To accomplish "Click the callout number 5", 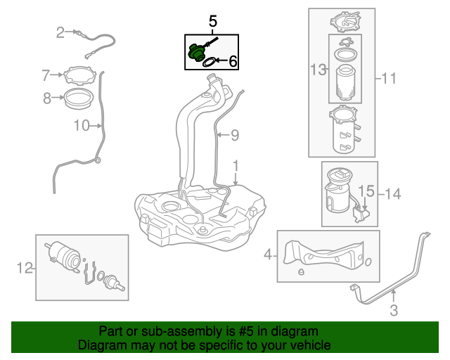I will pyautogui.click(x=212, y=22).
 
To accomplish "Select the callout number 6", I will pyautogui.click(x=233, y=63).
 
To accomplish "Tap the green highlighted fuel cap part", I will pyautogui.click(x=197, y=53).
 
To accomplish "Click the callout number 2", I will pyautogui.click(x=60, y=32).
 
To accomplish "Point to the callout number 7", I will pyautogui.click(x=46, y=75).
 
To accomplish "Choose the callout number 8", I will pyautogui.click(x=47, y=98).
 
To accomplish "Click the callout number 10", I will pyautogui.click(x=81, y=126).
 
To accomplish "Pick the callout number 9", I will pyautogui.click(x=236, y=134).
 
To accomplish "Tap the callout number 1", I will pyautogui.click(x=236, y=167).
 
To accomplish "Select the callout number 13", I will pyautogui.click(x=319, y=70).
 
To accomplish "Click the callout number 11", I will pyautogui.click(x=389, y=79).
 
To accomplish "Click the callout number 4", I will pyautogui.click(x=267, y=255).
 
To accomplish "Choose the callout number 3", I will pyautogui.click(x=394, y=309).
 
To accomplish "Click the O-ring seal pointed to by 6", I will pyautogui.click(x=209, y=63).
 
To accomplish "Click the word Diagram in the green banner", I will pyautogui.click(x=102, y=345).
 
